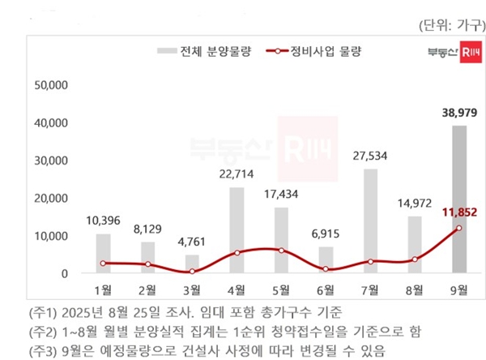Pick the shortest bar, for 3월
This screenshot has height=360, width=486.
click(x=192, y=264)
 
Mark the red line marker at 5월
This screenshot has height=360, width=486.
click(x=280, y=250)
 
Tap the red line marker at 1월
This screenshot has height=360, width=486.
click(x=103, y=264)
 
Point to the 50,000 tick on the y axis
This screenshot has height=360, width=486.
click(x=51, y=84)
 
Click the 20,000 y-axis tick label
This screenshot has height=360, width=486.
click(x=51, y=198)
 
